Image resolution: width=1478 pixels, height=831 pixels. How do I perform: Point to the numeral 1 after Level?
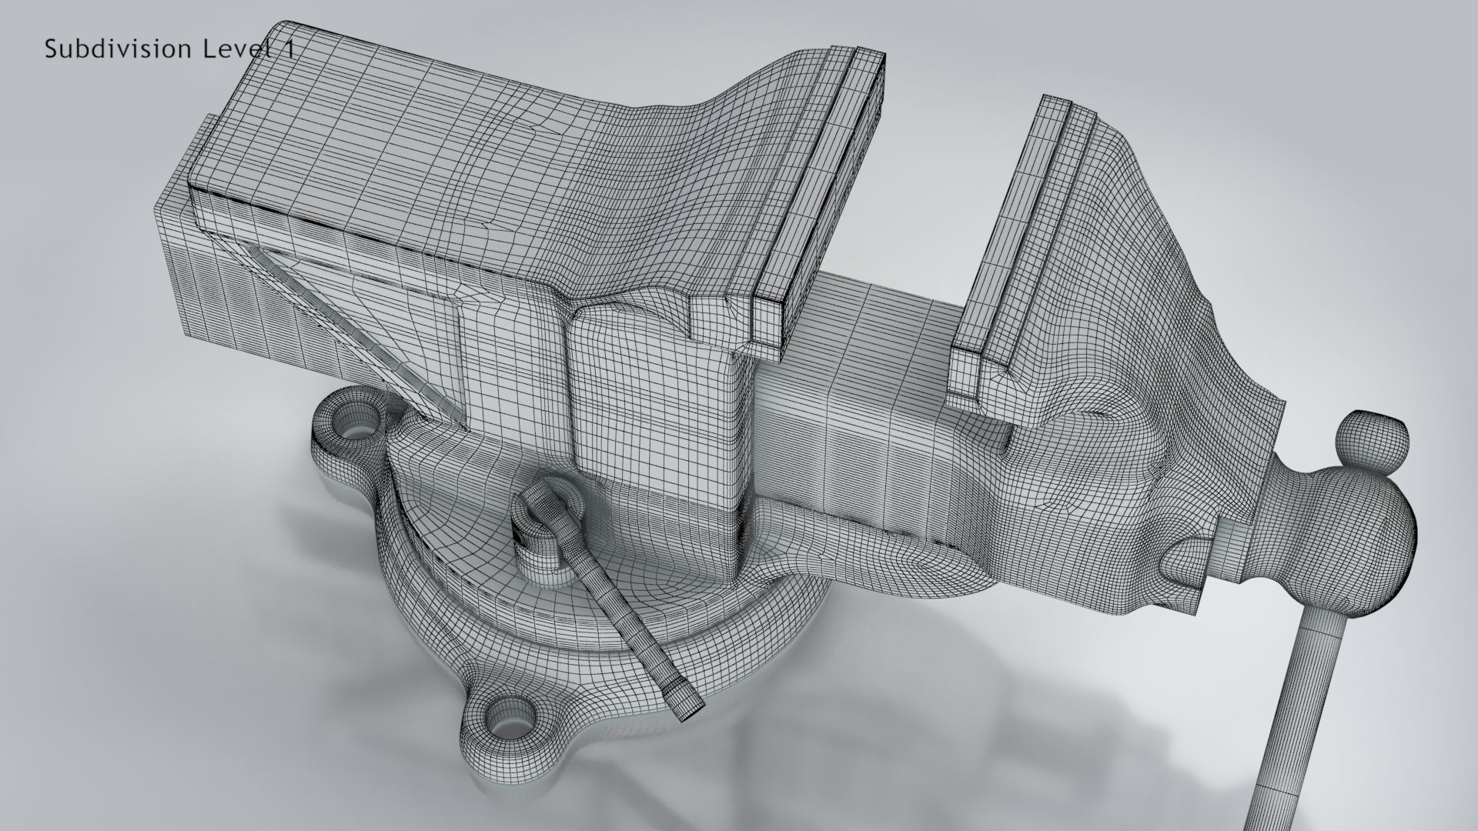pyautogui.click(x=289, y=49)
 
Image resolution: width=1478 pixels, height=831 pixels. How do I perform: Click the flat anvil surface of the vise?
pyautogui.click(x=400, y=138)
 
